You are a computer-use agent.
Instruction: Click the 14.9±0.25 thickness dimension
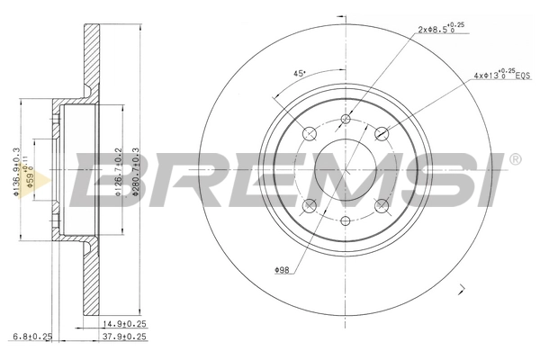point(124,325)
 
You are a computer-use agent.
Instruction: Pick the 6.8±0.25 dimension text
point(33,338)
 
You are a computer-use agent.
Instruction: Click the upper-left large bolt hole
point(310,133)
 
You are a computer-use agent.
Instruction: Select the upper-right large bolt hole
point(381,133)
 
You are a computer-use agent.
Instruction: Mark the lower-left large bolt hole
point(310,204)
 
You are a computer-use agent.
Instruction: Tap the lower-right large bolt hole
point(381,204)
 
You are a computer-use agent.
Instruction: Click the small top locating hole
point(346,118)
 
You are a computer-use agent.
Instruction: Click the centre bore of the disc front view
point(346,168)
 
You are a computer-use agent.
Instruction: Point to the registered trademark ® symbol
point(515,159)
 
